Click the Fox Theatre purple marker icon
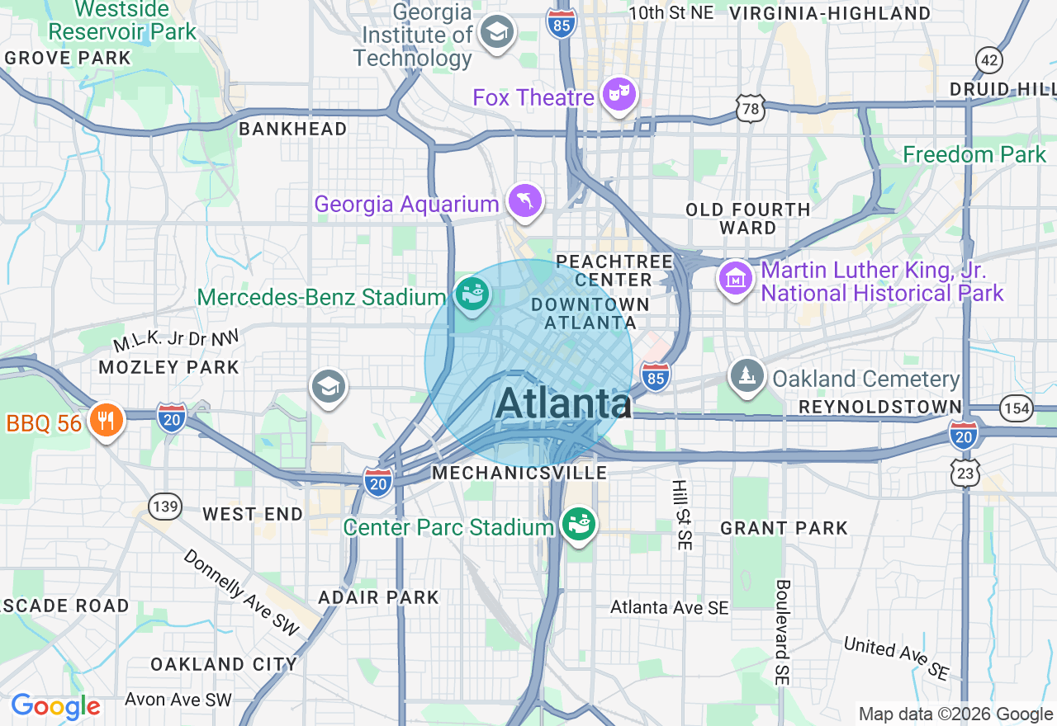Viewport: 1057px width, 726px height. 619,96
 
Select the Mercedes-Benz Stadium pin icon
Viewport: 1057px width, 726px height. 472,295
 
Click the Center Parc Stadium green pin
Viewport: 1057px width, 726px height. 579,524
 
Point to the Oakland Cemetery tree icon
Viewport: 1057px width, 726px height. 747,376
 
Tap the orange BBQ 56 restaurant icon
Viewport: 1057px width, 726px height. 105,421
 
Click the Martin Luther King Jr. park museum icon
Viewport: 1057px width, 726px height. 735,278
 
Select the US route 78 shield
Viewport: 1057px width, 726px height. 750,109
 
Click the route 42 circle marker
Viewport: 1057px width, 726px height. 988,59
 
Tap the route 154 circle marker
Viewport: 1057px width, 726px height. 1016,407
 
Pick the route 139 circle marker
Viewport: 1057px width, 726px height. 166,506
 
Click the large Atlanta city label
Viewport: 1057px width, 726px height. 563,403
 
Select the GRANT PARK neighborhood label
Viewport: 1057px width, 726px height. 784,528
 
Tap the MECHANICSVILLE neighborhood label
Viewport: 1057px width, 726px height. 519,473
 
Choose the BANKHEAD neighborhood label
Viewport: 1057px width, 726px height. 292,129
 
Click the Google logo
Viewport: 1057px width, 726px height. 55,706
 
